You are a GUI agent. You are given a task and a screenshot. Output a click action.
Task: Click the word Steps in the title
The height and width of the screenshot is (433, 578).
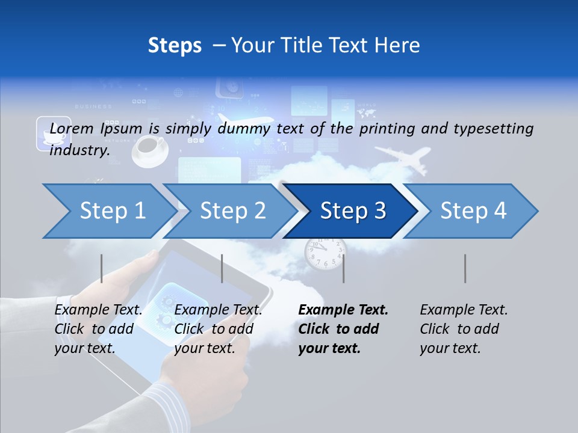tap(175, 45)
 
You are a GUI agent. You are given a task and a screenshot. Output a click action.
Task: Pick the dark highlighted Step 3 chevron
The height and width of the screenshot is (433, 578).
tap(353, 211)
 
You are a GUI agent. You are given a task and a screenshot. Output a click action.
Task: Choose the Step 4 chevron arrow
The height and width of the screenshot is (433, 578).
tap(473, 211)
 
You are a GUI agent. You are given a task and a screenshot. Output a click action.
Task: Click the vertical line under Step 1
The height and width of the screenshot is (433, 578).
tap(102, 268)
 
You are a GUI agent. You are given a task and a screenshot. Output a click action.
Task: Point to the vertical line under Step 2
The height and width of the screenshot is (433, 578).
tap(222, 268)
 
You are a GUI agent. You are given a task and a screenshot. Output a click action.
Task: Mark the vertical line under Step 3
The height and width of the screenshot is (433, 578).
tap(343, 268)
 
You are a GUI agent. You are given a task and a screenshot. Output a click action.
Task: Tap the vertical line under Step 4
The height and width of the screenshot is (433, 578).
tap(465, 268)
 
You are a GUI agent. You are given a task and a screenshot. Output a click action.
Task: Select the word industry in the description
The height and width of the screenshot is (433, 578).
tap(79, 150)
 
